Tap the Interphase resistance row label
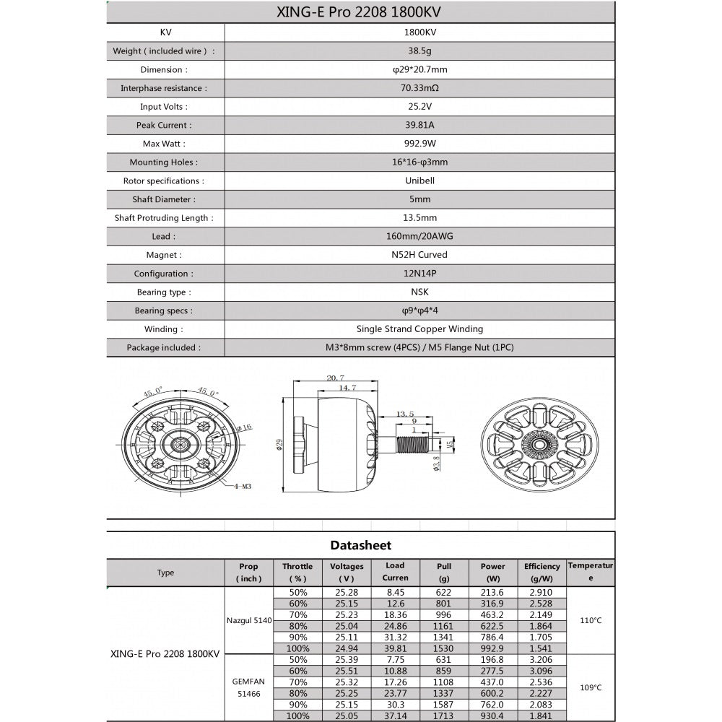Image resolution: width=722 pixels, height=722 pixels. [164, 88]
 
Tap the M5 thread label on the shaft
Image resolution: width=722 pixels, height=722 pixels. [450, 445]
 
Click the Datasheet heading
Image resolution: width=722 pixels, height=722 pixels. [361, 545]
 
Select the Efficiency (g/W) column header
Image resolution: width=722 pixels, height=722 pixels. [541, 573]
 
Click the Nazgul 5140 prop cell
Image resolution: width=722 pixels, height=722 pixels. [248, 619]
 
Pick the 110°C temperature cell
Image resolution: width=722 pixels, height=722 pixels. [591, 620]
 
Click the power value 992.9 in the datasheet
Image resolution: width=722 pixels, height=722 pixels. [493, 648]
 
